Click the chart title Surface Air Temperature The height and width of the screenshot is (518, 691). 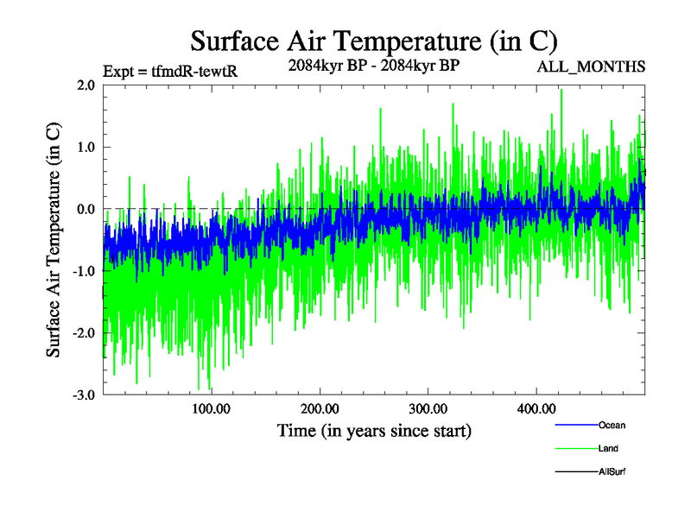pyautogui.click(x=373, y=41)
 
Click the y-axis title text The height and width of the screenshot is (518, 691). pyautogui.click(x=54, y=240)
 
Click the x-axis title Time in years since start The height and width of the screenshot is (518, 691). pyautogui.click(x=374, y=429)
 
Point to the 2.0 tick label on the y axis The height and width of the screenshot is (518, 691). pyautogui.click(x=85, y=85)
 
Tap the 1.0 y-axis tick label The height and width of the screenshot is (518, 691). pyautogui.click(x=85, y=147)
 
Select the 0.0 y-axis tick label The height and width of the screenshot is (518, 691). pyautogui.click(x=85, y=209)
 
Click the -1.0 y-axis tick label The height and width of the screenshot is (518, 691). pyautogui.click(x=83, y=271)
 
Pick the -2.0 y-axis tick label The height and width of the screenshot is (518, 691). pyautogui.click(x=83, y=333)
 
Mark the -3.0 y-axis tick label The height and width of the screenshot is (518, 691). pyautogui.click(x=83, y=395)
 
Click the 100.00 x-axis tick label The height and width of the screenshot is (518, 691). pyautogui.click(x=211, y=408)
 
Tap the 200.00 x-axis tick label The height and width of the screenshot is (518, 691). pyautogui.click(x=320, y=408)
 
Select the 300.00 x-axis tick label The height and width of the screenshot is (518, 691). pyautogui.click(x=428, y=408)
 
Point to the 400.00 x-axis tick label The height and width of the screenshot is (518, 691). pyautogui.click(x=536, y=408)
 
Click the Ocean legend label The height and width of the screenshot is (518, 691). pyautogui.click(x=612, y=425)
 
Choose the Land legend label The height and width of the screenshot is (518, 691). pyautogui.click(x=608, y=448)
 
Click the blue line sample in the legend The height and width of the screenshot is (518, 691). pyautogui.click(x=575, y=425)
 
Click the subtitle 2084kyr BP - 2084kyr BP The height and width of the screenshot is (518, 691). pyautogui.click(x=373, y=65)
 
